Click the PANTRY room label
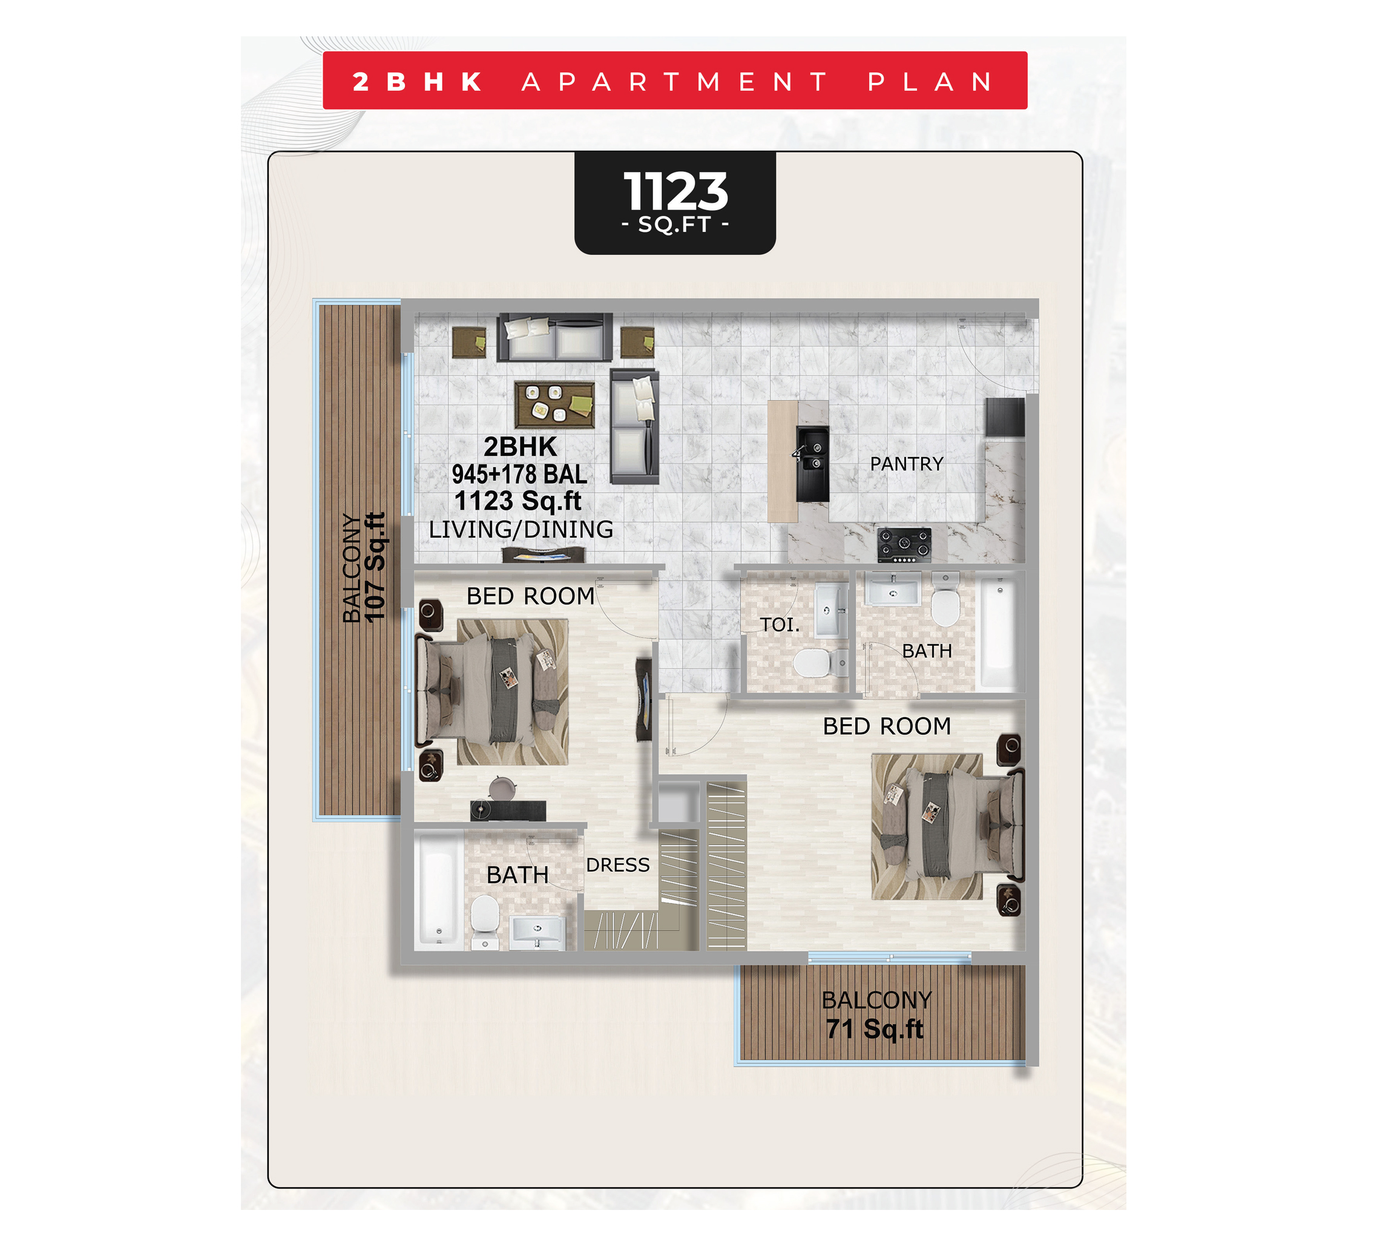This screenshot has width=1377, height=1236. click(x=907, y=464)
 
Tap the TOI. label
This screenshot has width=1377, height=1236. click(x=780, y=625)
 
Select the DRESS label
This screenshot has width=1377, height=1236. click(x=617, y=864)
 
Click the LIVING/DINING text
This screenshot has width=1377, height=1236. click(x=521, y=529)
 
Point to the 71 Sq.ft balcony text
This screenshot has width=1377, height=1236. click(x=875, y=1028)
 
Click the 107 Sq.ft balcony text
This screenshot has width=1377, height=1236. click(x=375, y=567)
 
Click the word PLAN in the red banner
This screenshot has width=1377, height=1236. click(x=930, y=82)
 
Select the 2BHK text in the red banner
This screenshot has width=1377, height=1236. click(x=417, y=82)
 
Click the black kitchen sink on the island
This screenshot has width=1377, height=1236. click(x=812, y=464)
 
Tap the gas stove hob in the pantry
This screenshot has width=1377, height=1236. click(x=904, y=545)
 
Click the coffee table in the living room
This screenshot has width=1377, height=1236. click(x=554, y=404)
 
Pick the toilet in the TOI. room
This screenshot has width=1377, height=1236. click(x=810, y=662)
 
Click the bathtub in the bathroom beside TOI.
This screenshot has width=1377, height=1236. click(x=997, y=634)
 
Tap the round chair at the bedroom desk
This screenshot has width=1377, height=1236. click(x=502, y=787)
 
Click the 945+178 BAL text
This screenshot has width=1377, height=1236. click(x=519, y=474)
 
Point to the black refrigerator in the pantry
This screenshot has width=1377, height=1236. click(x=1005, y=417)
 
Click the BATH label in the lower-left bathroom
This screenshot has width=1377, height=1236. click(x=518, y=875)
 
